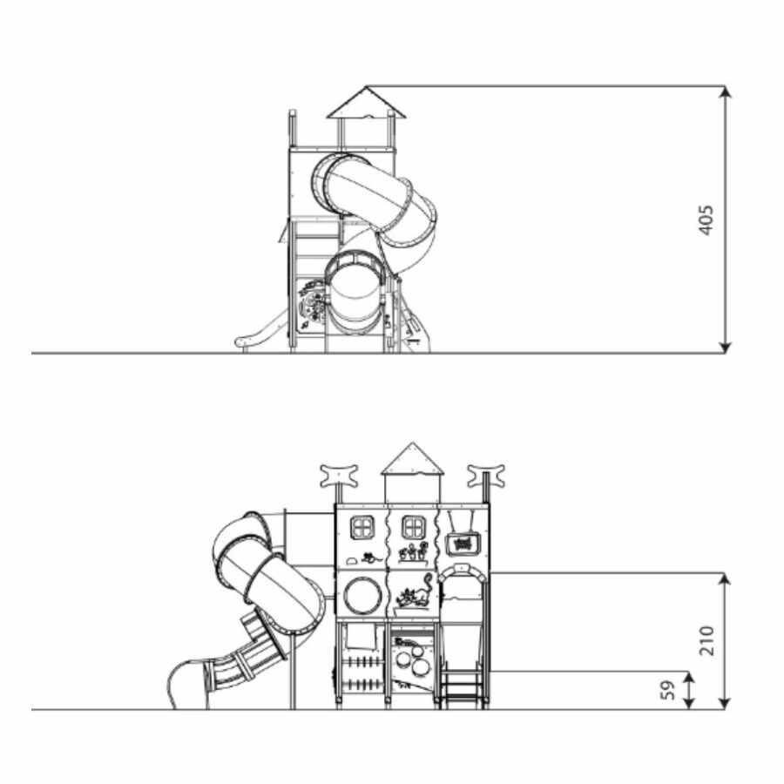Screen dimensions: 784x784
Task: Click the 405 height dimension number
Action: tap(706, 220)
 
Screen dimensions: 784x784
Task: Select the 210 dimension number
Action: tap(706, 640)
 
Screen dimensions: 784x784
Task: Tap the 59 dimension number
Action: tap(668, 691)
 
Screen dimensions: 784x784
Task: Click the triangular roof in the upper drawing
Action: tap(367, 103)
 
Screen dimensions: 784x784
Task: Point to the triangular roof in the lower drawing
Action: tap(412, 458)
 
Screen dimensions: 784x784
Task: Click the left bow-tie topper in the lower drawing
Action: tap(339, 476)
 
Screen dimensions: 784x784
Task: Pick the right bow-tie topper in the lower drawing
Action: tap(486, 476)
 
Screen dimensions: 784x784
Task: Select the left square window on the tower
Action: tap(362, 528)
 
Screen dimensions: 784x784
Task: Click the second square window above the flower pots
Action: tap(414, 528)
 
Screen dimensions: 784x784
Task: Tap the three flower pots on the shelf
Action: tap(414, 552)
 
